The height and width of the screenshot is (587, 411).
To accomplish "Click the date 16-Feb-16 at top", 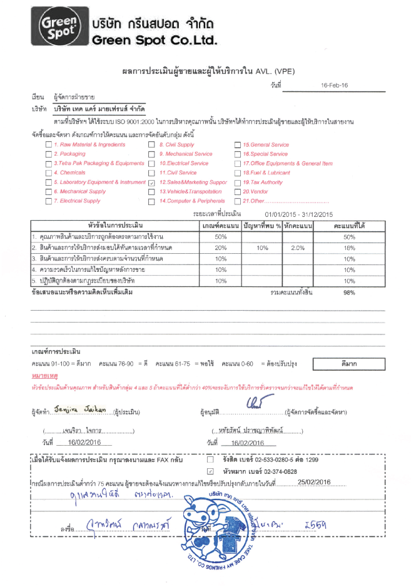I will [x=334, y=84].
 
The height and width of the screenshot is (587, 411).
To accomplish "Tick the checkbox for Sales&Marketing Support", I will [x=151, y=182].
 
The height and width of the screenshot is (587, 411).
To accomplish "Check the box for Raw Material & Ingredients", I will [x=48, y=144].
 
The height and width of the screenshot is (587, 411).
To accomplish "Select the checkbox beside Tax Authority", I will [x=237, y=182].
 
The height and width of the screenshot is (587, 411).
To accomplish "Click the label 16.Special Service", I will [x=265, y=154].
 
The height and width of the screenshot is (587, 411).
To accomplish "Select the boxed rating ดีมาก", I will [x=349, y=363].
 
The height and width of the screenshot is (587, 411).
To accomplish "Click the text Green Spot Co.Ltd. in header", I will [x=154, y=40].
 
